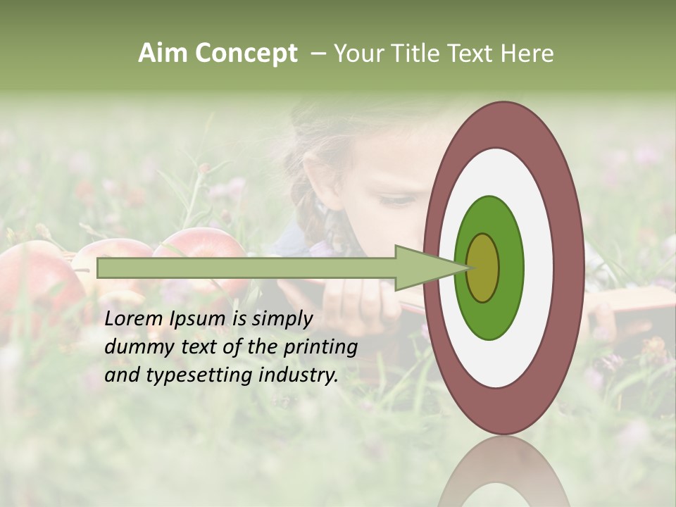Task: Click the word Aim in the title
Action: (x=163, y=54)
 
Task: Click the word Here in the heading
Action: (x=527, y=54)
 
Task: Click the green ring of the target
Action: (x=489, y=218)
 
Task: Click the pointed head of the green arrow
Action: (x=426, y=268)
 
